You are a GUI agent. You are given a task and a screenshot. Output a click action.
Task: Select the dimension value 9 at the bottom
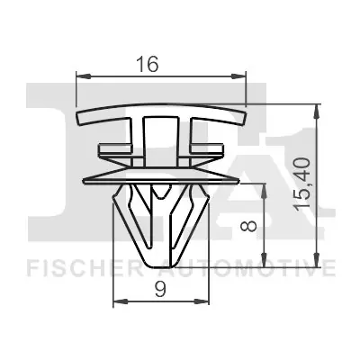click(x=160, y=290)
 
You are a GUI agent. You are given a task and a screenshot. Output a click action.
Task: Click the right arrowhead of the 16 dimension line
click(x=241, y=76)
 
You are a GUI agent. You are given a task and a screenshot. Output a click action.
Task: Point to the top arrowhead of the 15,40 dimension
click(x=316, y=110)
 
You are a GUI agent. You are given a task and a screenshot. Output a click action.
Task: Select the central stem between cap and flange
click(x=161, y=139)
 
